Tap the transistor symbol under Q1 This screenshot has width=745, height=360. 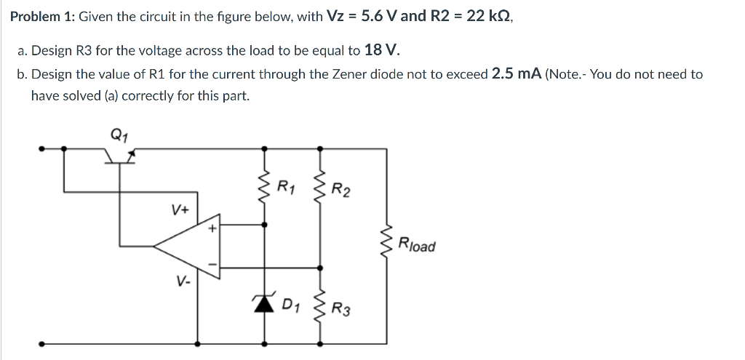tap(119, 154)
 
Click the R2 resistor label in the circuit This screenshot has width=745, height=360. tap(340, 191)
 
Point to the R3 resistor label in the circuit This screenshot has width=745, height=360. tap(340, 311)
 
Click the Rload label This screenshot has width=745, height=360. tap(417, 244)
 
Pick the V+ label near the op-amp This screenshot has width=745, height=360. tap(180, 210)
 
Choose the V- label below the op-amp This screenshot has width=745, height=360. tap(182, 279)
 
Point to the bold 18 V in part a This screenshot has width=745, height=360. tap(381, 50)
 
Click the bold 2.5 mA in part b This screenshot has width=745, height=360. tap(516, 74)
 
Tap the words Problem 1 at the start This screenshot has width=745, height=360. tap(41, 17)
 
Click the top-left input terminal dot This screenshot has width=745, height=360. tap(42, 148)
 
